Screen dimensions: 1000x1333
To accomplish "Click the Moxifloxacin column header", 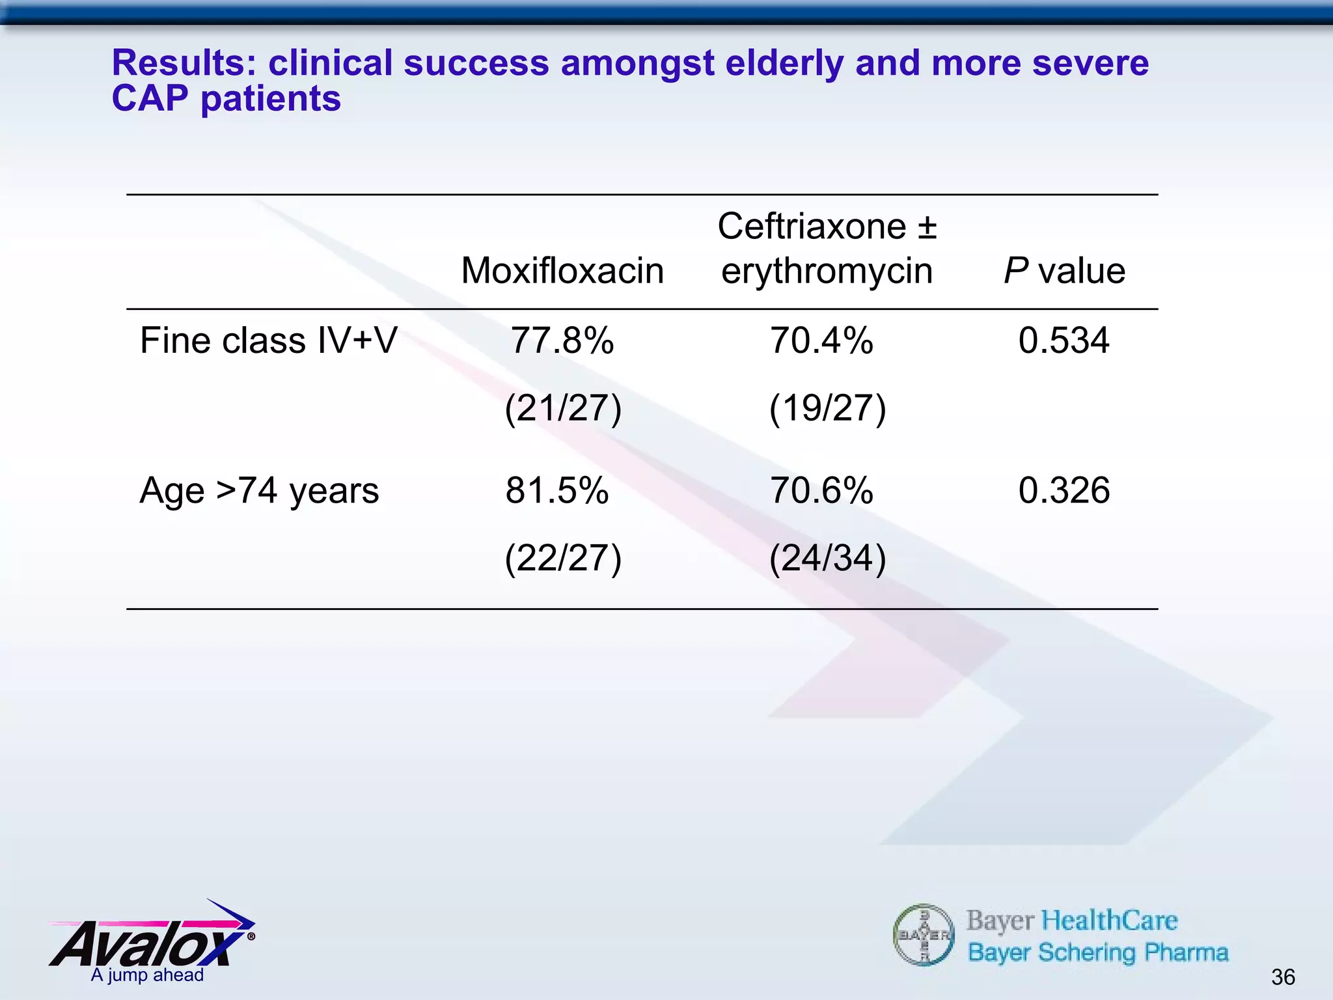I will coord(562,271).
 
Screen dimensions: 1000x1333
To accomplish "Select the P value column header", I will coord(1064,271).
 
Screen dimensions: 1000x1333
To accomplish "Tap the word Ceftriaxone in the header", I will coord(812,227).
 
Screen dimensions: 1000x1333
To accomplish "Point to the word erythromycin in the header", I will coord(827,271).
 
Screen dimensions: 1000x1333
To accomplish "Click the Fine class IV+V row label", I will coord(268,340).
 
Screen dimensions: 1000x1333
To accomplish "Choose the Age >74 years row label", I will coord(259,490).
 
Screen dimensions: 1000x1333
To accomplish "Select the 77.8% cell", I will coord(562,340).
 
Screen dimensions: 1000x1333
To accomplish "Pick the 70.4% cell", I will coord(821,340).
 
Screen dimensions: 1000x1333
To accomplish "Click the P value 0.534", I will coord(1064,340).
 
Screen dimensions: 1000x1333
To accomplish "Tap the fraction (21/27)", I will coord(564,409).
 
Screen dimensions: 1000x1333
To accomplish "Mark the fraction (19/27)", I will coord(827,409).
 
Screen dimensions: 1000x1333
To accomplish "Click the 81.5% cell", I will coord(557,490).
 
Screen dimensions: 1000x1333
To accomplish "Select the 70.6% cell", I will coord(821,490).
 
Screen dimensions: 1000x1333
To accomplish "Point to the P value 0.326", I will coord(1064,490).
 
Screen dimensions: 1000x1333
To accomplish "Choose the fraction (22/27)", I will coord(564,559).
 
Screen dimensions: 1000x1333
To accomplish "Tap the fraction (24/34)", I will coord(827,559).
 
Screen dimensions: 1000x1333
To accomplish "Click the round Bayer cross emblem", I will coord(924,936).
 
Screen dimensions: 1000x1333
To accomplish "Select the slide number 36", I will coord(1282,977).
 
